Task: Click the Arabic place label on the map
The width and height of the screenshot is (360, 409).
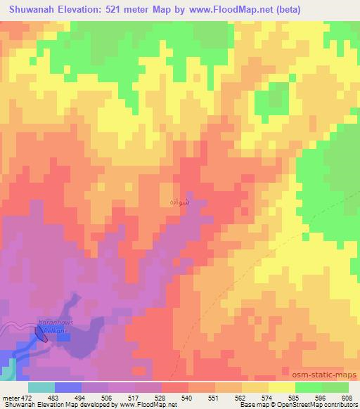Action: tap(179, 202)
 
